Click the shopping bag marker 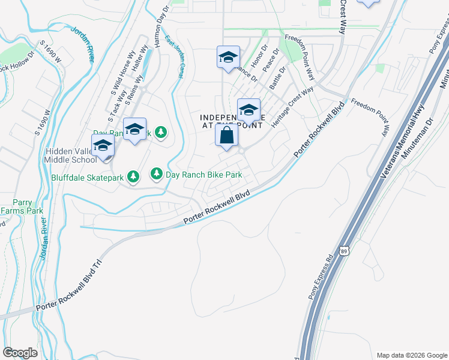[226, 136]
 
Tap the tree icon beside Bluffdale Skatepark [133, 176]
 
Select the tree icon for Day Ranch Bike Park [157, 174]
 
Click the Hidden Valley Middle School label [71, 155]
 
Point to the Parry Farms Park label [22, 206]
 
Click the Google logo [20, 353]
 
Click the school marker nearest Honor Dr [228, 58]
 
